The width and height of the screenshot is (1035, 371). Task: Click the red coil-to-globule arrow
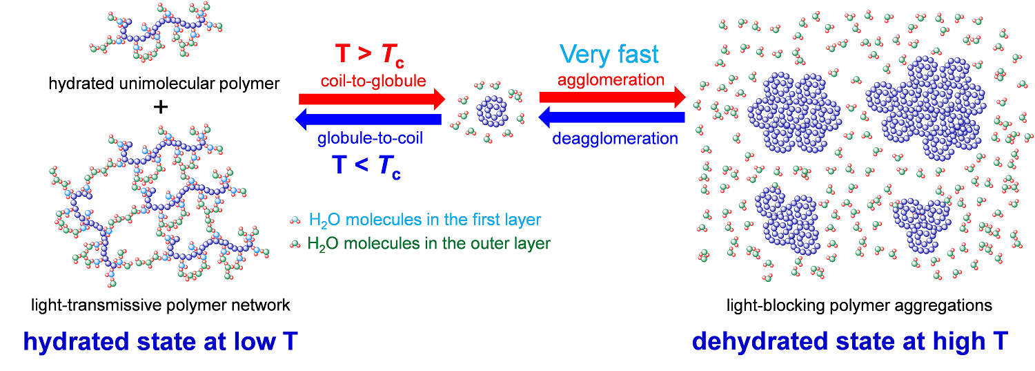(372, 99)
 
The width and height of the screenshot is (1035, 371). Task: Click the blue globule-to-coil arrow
(368, 120)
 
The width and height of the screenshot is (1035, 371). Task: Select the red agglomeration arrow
(613, 97)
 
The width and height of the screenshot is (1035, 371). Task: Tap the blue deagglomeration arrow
(612, 117)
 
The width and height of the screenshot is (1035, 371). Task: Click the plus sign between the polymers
(160, 107)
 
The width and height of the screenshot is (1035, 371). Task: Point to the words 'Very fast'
(609, 54)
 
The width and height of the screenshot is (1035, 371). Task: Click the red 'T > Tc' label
(370, 55)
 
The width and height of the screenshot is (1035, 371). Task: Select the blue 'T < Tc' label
(366, 167)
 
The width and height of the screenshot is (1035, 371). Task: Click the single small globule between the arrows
(491, 111)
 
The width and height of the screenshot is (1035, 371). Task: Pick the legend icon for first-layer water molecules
(295, 220)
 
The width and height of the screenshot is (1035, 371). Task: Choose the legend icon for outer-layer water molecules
(295, 244)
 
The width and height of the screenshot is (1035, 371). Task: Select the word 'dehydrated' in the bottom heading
(761, 341)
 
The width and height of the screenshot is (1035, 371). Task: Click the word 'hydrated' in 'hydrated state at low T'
(77, 342)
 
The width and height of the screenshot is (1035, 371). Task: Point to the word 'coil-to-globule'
(373, 81)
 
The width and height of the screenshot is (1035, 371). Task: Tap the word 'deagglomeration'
(615, 138)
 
